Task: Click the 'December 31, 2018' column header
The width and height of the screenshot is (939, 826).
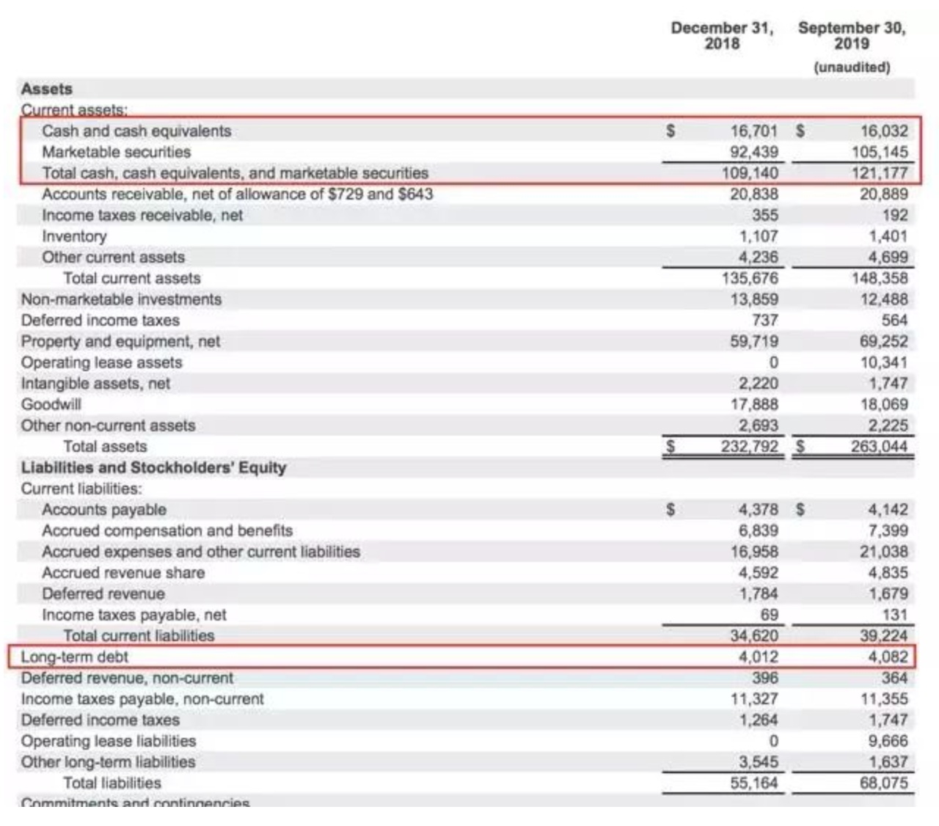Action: click(722, 36)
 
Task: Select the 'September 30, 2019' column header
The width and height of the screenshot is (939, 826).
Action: click(852, 36)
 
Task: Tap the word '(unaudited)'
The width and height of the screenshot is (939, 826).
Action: click(852, 67)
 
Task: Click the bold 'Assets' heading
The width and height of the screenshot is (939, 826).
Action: click(47, 89)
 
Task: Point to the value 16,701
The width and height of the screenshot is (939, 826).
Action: click(753, 131)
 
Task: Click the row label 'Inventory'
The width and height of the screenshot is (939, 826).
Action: click(74, 236)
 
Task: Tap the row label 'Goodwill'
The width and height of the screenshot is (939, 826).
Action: click(51, 405)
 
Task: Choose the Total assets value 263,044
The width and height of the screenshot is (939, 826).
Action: click(879, 447)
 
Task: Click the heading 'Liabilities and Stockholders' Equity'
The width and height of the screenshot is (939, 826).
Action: click(153, 468)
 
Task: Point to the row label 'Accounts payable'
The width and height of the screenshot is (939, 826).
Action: click(104, 510)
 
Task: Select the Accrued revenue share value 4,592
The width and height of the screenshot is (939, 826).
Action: click(758, 573)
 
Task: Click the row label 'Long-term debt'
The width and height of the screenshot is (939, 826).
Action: click(75, 657)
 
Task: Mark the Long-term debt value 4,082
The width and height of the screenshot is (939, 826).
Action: click(887, 657)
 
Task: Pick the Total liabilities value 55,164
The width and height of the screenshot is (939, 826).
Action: click(753, 783)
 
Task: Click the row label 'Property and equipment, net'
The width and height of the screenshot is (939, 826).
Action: click(120, 342)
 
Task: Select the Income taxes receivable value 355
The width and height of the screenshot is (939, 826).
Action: click(765, 216)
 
